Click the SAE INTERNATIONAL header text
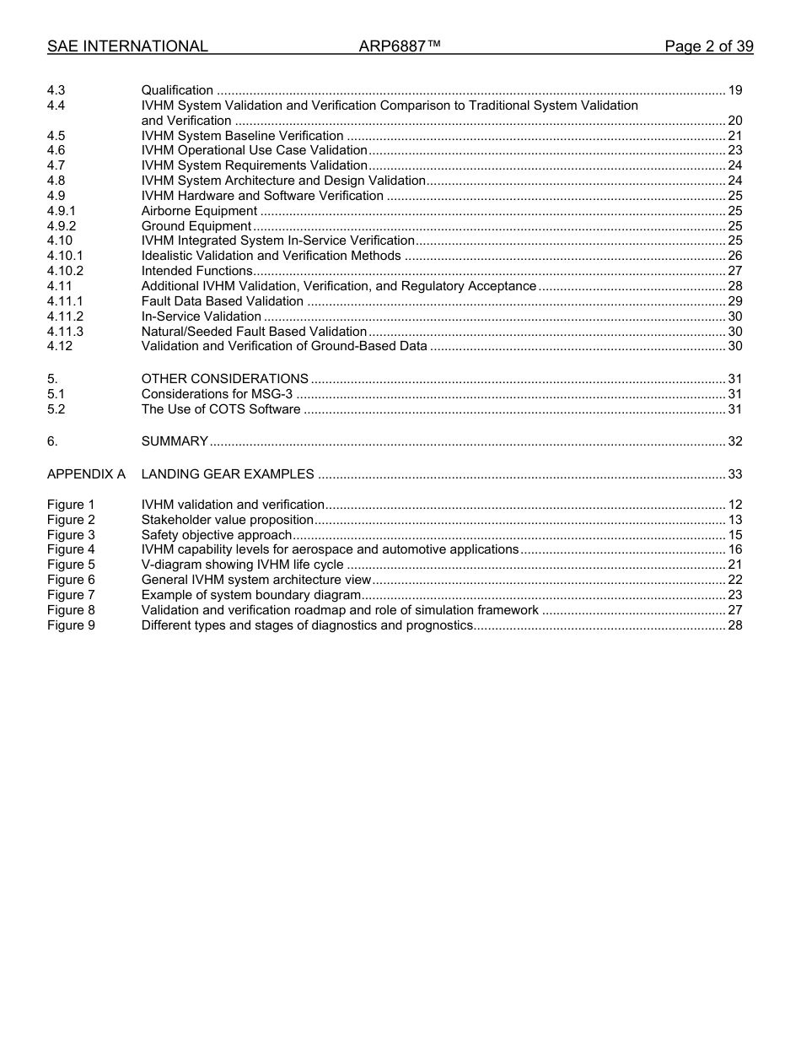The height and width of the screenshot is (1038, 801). point(127,46)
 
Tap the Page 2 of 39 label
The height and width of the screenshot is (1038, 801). point(708,46)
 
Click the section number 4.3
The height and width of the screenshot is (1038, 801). point(56,90)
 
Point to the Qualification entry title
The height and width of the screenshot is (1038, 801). point(177,90)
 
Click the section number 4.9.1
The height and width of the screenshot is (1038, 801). point(62,211)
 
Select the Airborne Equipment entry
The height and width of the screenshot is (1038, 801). point(199,211)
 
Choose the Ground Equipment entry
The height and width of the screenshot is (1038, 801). point(196,226)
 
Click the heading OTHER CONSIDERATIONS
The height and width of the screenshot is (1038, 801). point(224,379)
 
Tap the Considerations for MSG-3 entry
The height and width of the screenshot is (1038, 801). point(217,394)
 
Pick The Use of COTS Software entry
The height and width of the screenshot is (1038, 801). point(220,409)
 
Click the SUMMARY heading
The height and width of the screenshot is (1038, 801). point(175,441)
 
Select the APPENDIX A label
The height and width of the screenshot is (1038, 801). point(86,474)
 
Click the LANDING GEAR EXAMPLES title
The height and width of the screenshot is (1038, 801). point(228,474)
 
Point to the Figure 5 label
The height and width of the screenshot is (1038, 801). point(71,565)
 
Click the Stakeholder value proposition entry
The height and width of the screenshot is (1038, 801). point(228,520)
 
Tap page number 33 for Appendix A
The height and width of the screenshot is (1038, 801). point(734,474)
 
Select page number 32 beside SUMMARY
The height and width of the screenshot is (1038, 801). point(734,441)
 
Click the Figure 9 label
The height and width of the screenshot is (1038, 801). point(71,625)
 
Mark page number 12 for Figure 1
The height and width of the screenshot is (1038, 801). point(734,505)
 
